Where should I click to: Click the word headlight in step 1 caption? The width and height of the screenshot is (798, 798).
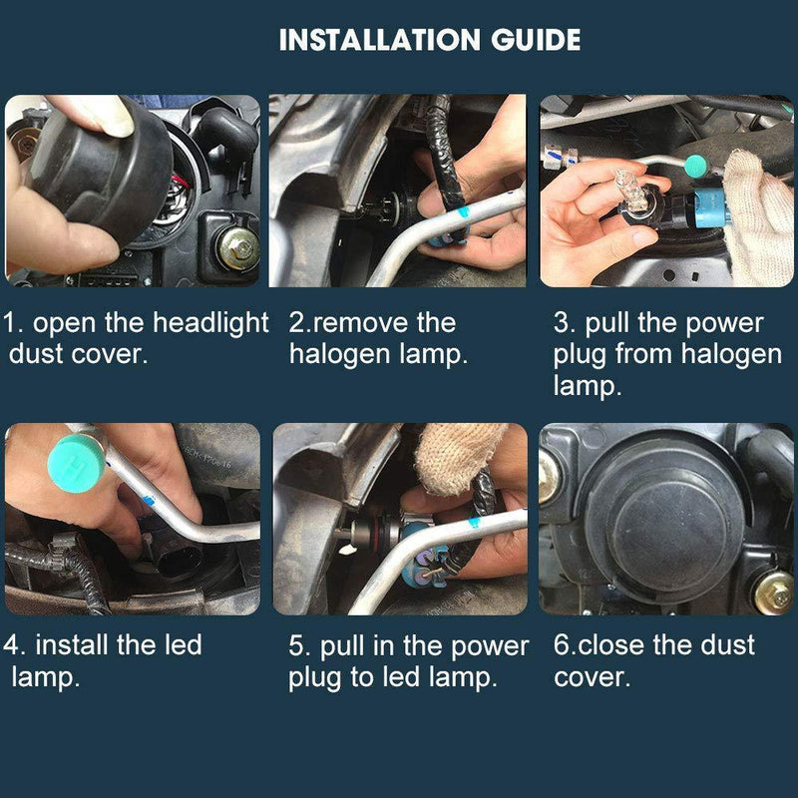(211, 324)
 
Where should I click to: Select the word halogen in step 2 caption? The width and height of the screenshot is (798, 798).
(344, 355)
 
